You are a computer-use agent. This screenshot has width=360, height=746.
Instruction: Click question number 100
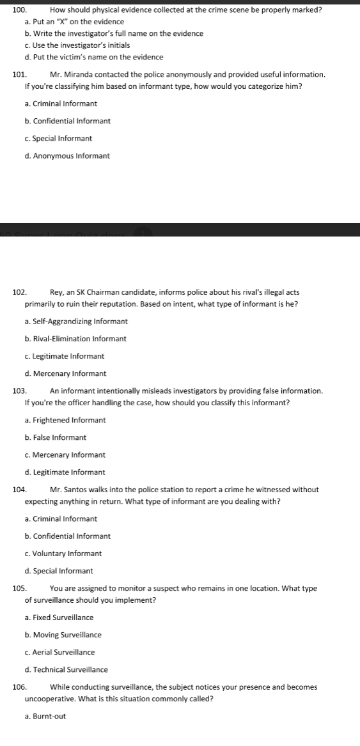tap(19, 10)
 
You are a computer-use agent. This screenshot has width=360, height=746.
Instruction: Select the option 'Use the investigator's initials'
tap(81, 45)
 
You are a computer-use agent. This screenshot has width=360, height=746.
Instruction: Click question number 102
tap(19, 292)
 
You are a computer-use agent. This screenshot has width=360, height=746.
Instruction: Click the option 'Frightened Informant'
tap(68, 420)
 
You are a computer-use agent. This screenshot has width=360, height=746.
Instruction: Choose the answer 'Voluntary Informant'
tap(67, 554)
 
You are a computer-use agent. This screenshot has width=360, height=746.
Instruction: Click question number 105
tap(19, 588)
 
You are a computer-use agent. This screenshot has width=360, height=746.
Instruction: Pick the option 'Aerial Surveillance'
tap(63, 652)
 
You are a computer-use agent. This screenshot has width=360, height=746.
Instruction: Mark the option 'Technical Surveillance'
tap(70, 670)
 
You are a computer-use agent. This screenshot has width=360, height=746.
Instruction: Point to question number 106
tap(19, 687)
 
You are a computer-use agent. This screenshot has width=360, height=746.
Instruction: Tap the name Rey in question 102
tap(56, 292)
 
